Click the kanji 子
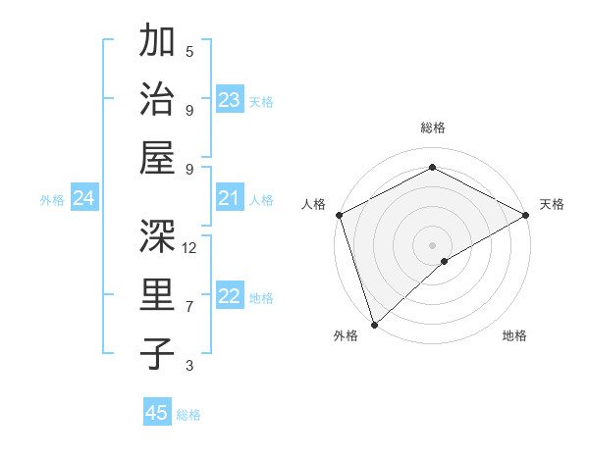pyautogui.click(x=157, y=355)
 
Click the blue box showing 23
pyautogui.click(x=230, y=100)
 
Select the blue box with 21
pyautogui.click(x=230, y=199)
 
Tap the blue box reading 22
pyautogui.click(x=230, y=297)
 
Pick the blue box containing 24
pyautogui.click(x=84, y=199)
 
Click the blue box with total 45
pyautogui.click(x=157, y=413)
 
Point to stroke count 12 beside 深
pyautogui.click(x=189, y=248)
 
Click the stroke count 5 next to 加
pyautogui.click(x=189, y=51)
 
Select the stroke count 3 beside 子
pyautogui.click(x=189, y=366)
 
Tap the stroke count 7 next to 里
pyautogui.click(x=189, y=307)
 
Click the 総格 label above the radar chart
pyautogui.click(x=432, y=128)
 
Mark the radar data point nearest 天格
pyautogui.click(x=526, y=216)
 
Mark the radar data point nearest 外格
pyautogui.click(x=374, y=324)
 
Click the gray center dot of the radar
pyautogui.click(x=432, y=244)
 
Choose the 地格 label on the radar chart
pyautogui.click(x=514, y=335)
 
